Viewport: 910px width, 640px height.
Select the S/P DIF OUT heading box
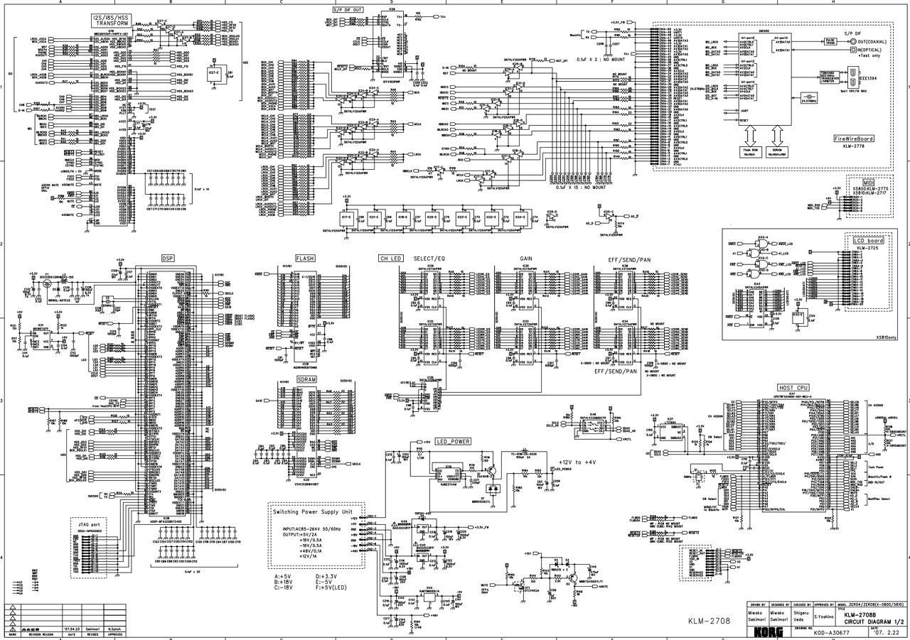tap(348, 10)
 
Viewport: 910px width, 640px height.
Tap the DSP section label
tap(168, 258)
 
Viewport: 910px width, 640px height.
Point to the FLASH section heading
tap(305, 258)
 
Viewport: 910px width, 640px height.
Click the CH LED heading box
tap(392, 259)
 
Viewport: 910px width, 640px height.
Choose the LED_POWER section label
tap(453, 441)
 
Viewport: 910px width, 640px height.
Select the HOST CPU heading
tap(790, 387)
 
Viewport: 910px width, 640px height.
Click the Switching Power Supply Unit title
tap(317, 511)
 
